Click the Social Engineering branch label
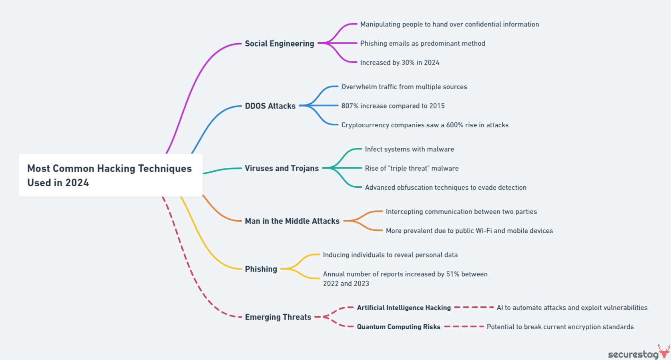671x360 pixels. coord(279,44)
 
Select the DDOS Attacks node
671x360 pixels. coord(270,106)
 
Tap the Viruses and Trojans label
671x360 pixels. coord(281,169)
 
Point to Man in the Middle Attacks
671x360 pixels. coord(292,221)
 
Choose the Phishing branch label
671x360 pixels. coord(261,269)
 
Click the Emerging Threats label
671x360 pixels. coord(278,317)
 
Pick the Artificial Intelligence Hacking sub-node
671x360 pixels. coord(404,308)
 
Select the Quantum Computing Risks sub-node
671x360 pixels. coord(398,327)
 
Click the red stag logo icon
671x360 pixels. coord(664,351)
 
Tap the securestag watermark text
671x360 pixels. coord(633,354)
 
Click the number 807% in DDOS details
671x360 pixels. coord(350,106)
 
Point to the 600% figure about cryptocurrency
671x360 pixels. coord(454,125)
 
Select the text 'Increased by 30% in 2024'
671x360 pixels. coord(400,63)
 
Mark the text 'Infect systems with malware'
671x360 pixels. coord(409,149)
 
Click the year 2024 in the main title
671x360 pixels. coord(77,183)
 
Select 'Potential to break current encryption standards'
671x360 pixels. coord(560,327)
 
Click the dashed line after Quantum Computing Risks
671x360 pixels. coord(464,327)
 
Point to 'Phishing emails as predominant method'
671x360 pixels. coord(422,44)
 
